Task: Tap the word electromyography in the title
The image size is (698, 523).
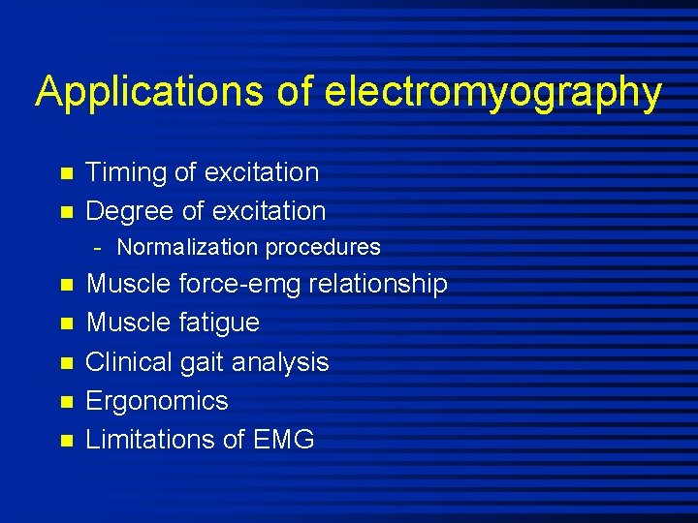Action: pos(493,93)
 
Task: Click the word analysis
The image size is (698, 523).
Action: pos(280,361)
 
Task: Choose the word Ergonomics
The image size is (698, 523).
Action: pos(157,400)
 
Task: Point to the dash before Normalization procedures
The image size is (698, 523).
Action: pos(99,248)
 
